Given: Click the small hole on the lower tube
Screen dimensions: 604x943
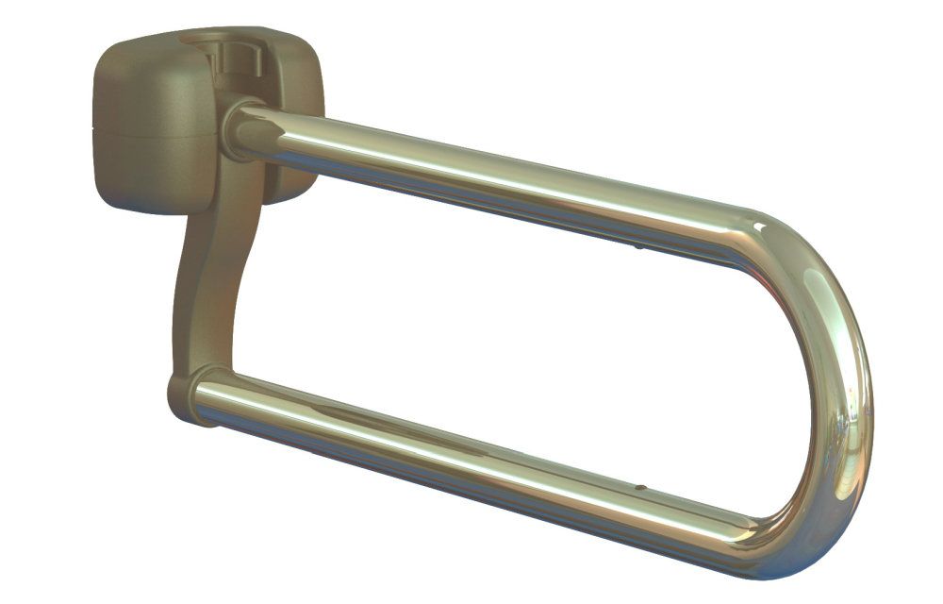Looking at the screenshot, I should [x=640, y=489].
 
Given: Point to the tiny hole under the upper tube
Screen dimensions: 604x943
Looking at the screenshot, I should [x=638, y=248].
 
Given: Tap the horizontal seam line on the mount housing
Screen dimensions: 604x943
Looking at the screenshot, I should [x=151, y=135].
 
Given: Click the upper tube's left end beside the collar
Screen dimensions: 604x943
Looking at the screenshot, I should [x=259, y=127].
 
